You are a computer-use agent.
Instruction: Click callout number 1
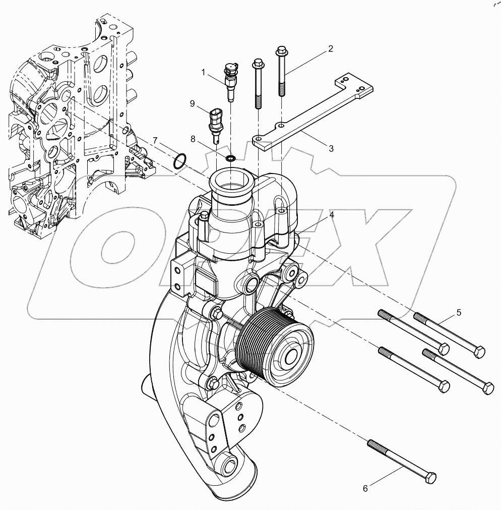204,73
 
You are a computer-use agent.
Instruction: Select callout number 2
331,49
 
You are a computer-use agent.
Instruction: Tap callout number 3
331,148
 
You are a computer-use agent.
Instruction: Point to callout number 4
332,215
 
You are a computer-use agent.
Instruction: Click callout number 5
459,312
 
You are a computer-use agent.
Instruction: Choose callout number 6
366,488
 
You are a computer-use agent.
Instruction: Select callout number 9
192,104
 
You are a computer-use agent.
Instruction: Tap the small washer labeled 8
231,159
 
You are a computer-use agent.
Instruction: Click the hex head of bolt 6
429,477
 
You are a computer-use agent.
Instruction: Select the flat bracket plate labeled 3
312,116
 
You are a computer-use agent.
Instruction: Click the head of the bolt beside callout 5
479,351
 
